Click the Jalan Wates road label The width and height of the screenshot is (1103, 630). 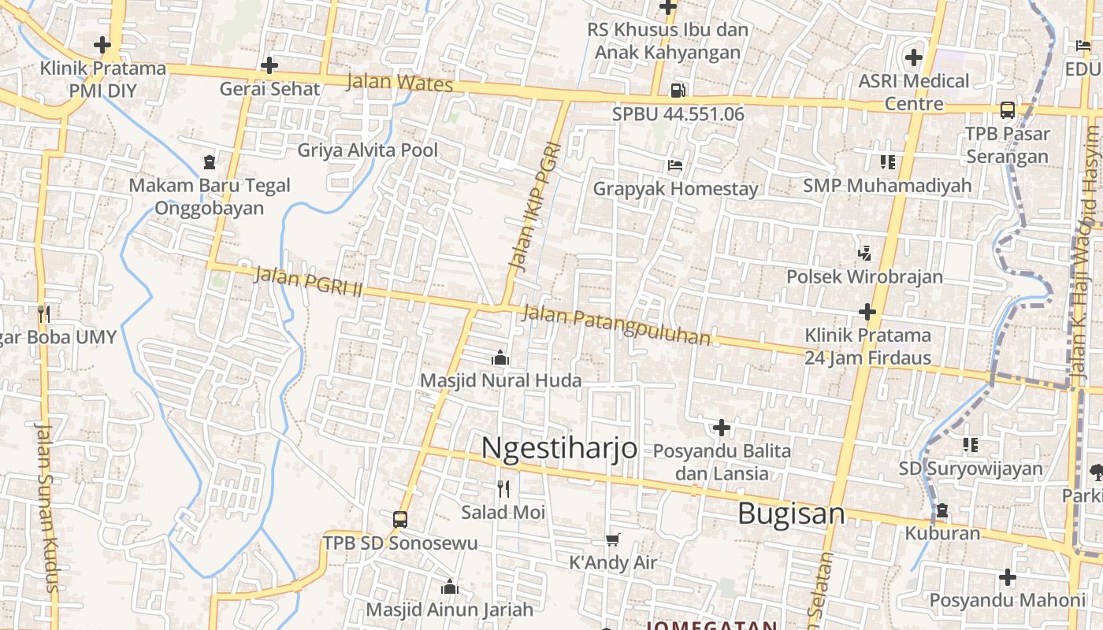tap(399, 83)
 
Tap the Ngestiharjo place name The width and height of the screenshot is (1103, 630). tap(559, 447)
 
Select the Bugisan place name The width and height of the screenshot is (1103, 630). tap(791, 513)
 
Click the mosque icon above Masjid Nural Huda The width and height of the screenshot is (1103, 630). tap(500, 358)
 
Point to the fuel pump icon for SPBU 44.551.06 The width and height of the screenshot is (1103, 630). tap(678, 91)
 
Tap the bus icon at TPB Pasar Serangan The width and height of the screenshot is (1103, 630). tap(1007, 110)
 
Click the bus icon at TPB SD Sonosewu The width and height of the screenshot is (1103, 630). tap(400, 520)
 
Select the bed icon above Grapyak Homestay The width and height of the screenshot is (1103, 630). tap(675, 165)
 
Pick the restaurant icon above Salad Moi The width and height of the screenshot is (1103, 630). tap(503, 489)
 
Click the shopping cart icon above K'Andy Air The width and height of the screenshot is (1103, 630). tap(613, 539)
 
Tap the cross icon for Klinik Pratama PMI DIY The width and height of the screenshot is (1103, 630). tap(102, 45)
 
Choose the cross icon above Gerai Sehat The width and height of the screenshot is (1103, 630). tap(269, 65)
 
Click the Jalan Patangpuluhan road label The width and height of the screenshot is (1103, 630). tap(616, 326)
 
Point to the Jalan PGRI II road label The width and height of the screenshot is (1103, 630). tap(308, 282)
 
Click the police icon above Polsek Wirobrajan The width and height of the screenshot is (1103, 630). tap(865, 254)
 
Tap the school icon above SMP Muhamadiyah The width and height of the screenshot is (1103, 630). tap(888, 162)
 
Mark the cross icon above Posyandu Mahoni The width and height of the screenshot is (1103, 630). tap(1007, 577)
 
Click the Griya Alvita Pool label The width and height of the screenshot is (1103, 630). tap(367, 150)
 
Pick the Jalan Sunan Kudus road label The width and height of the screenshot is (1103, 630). tap(46, 507)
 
